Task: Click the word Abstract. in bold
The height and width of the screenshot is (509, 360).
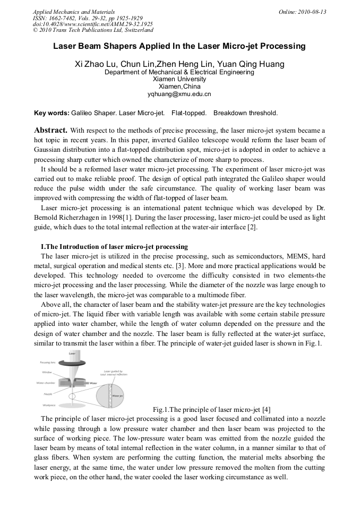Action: [x=50, y=130]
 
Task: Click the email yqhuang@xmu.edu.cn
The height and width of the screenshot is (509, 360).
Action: [x=179, y=94]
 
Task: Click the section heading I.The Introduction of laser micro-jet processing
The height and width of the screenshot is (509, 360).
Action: [x=114, y=247]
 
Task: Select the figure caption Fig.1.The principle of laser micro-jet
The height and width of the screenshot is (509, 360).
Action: [x=212, y=409]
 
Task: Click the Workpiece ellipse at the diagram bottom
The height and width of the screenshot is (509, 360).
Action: [x=73, y=405]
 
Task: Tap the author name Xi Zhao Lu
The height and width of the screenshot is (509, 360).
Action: [x=96, y=64]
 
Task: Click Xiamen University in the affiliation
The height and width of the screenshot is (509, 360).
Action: [x=179, y=79]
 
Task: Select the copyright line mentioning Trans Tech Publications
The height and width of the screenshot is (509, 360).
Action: [x=93, y=30]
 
